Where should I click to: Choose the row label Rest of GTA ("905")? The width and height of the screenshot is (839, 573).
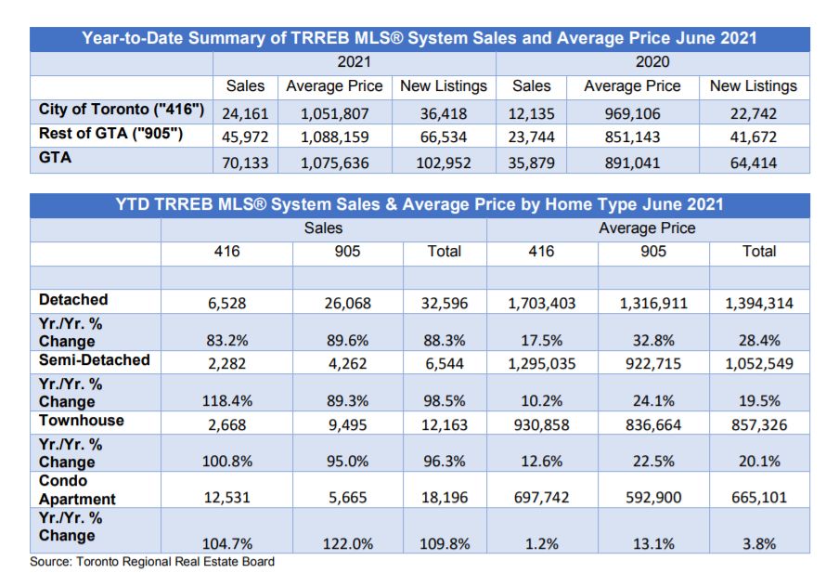112,134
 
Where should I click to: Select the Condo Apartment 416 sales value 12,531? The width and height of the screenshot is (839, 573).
226,497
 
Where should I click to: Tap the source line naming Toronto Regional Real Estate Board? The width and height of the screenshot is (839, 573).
152,562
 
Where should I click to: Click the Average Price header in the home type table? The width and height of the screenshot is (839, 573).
647,228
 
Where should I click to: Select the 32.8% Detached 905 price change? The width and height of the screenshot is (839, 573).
653,340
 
